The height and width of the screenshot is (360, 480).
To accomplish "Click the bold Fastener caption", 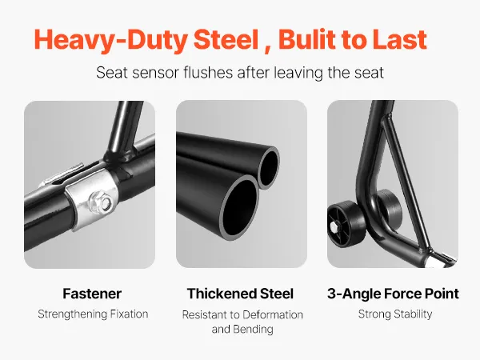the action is point(92,294).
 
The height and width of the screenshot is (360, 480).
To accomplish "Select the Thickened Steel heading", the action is point(240,294).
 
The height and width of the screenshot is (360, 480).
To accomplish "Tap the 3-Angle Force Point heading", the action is point(393,294).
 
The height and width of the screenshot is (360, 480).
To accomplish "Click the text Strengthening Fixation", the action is point(93,314).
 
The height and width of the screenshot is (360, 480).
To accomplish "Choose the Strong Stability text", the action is point(395,314).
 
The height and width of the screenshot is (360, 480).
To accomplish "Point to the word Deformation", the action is point(272,314).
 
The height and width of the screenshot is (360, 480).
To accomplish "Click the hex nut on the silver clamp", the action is point(101,202).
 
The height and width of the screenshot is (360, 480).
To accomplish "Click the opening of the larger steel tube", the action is point(240,207).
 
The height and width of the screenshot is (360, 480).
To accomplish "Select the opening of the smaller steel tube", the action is point(269,168).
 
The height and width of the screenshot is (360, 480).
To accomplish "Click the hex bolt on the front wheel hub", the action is point(334,227).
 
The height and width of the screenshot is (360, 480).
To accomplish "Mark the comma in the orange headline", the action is point(267,50).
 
